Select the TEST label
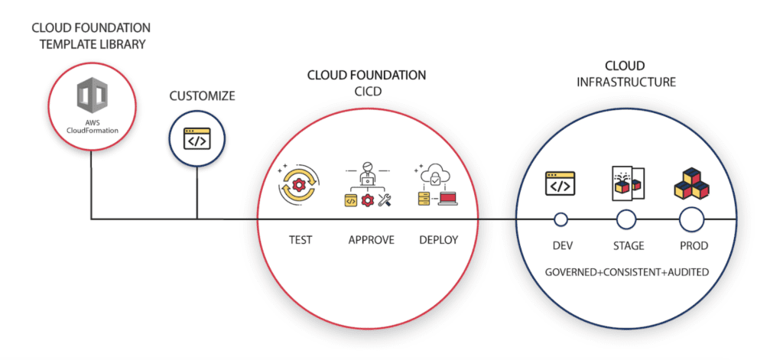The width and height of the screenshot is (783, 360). point(300,240)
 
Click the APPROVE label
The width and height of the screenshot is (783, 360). point(371,240)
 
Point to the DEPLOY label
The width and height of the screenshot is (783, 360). point(438,240)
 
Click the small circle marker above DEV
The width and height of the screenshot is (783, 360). point(560,220)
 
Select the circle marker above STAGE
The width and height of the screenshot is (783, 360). point(626,220)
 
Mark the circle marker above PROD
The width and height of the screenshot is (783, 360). point(692,220)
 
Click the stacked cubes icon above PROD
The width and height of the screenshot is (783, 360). point(691,183)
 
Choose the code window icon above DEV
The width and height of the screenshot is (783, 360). point(560,184)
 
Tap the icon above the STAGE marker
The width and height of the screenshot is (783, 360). point(627,183)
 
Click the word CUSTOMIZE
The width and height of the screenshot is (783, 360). point(202,96)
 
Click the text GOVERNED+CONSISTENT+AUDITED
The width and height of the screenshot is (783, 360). point(626,272)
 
